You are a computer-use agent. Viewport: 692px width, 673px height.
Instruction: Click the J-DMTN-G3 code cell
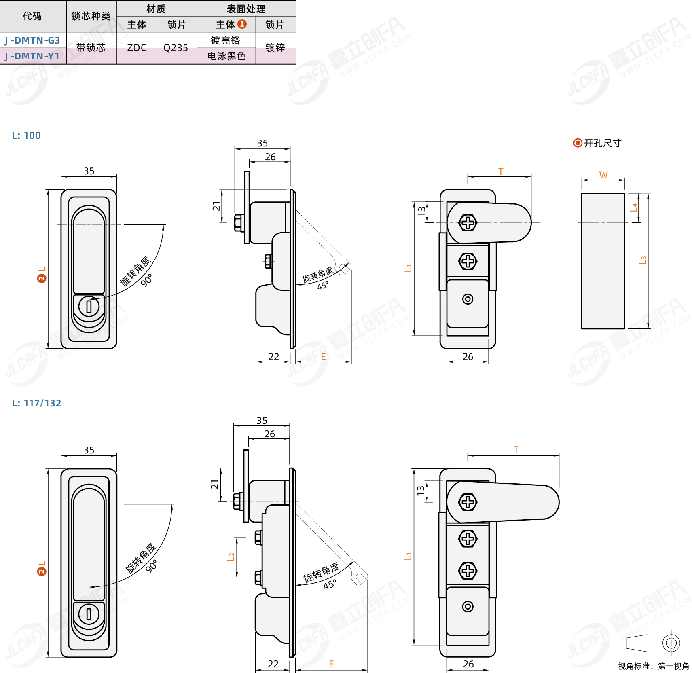33,40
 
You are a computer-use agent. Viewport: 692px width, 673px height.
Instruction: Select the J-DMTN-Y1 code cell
33,56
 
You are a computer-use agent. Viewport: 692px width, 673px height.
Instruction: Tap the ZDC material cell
137,48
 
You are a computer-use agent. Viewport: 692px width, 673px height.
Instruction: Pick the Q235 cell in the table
176,48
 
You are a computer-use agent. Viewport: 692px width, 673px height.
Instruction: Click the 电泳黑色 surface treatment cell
226,56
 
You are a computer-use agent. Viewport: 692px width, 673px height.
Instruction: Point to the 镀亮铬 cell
226,40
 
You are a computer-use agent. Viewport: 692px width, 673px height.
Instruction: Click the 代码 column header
32,16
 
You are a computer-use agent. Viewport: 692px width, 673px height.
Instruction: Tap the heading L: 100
26,135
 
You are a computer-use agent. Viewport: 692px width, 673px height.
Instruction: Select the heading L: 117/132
36,403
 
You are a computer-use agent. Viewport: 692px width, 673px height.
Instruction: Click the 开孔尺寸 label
602,143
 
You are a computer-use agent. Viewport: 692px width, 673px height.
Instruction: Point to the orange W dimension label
603,175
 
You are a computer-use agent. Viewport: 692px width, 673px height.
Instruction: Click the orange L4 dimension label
634,207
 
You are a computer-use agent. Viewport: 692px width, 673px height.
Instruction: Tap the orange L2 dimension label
231,557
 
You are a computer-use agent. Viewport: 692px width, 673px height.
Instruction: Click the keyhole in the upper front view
89,306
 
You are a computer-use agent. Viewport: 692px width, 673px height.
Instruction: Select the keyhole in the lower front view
89,614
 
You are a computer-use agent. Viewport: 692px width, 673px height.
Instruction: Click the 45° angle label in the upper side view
323,286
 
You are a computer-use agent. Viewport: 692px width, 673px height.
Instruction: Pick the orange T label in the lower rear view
516,450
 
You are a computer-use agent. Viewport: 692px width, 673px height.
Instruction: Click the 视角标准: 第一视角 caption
653,666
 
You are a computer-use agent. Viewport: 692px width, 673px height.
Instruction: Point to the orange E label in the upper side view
324,357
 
